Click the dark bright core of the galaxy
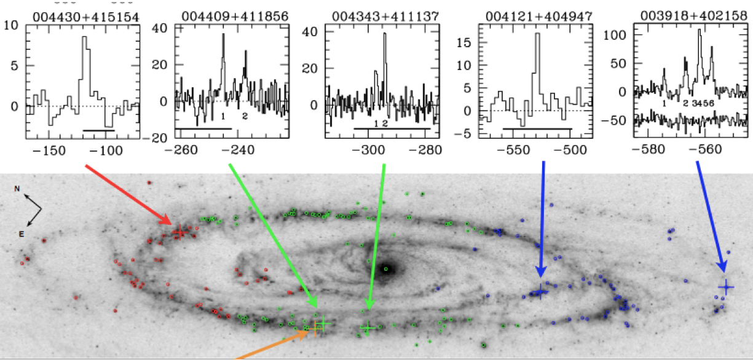pos(387,268)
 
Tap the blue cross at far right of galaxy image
pos(726,287)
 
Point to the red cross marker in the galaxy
pos(178,233)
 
